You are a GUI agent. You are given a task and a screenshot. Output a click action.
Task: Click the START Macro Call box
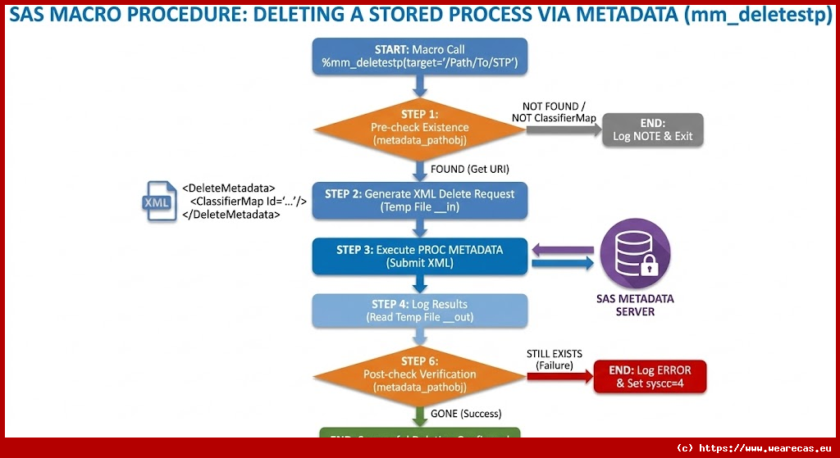pos(420,56)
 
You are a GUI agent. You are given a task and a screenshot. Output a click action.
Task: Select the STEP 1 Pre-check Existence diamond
pos(419,127)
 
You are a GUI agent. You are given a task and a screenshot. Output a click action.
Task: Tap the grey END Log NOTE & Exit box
pos(653,129)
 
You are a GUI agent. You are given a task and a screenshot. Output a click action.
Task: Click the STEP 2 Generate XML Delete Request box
pos(419,200)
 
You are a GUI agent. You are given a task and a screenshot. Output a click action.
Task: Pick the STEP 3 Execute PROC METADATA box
pos(419,256)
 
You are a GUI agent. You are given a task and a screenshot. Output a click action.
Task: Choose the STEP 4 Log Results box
pos(419,311)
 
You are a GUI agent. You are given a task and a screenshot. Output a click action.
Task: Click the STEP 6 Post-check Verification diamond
pos(419,374)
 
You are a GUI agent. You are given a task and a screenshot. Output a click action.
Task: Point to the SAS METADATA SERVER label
pos(634,305)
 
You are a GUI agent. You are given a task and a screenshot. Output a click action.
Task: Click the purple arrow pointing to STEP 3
pos(562,248)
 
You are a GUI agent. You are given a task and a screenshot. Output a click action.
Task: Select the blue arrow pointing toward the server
pos(562,263)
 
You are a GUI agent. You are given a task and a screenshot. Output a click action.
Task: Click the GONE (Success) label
pos(466,413)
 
